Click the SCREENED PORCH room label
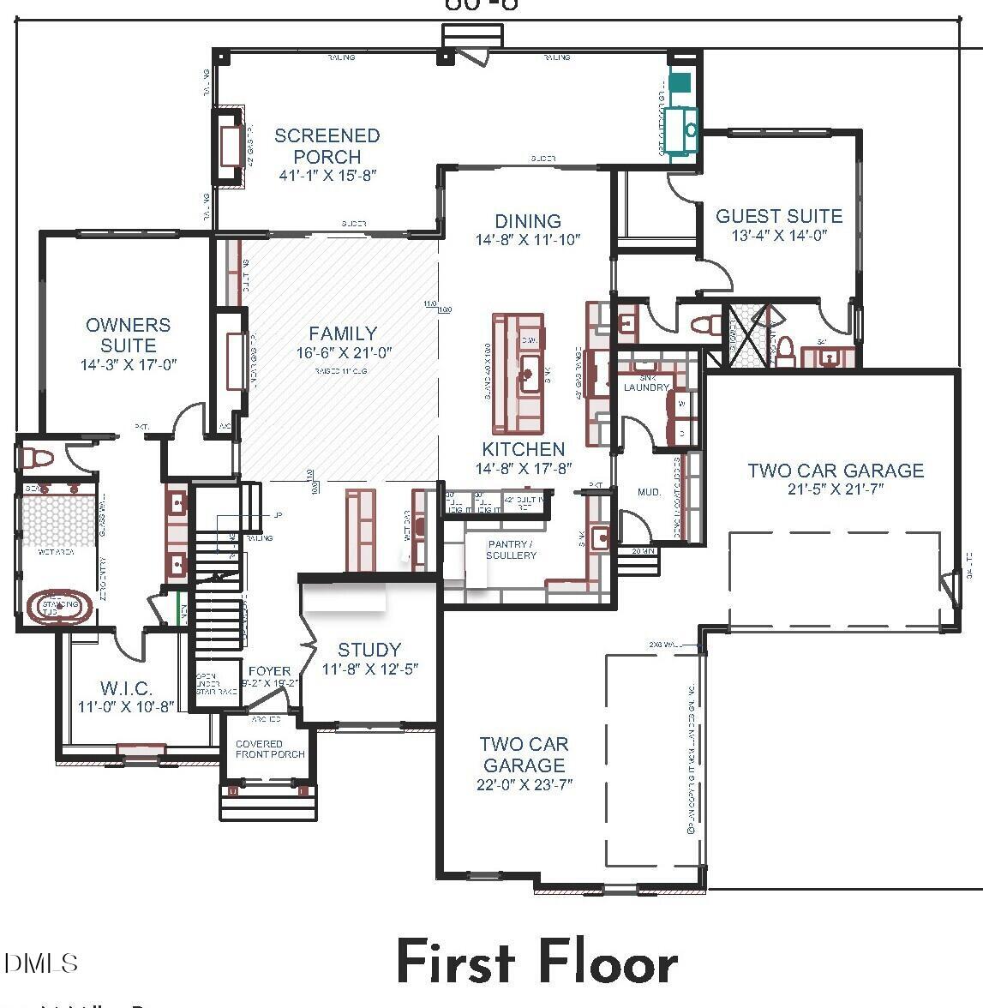[x=327, y=146]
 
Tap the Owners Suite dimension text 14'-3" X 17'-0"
[x=129, y=364]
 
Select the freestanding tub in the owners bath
[x=58, y=607]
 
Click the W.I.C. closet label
[x=126, y=688]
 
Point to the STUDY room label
[x=369, y=650]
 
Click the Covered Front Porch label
[x=270, y=749]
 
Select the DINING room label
[x=528, y=220]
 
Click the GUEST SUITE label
[x=779, y=216]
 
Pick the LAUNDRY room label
[x=645, y=387]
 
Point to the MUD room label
[x=649, y=492]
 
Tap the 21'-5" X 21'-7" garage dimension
[x=836, y=489]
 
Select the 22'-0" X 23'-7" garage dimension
[x=524, y=784]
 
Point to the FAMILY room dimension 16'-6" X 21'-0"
[x=343, y=353]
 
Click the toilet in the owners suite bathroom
[x=39, y=455]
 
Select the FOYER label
[x=269, y=671]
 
